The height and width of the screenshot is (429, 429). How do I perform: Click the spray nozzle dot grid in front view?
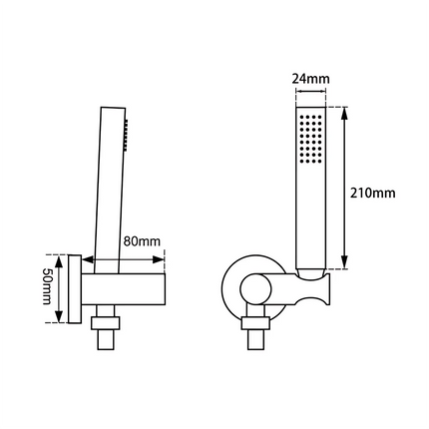point(309,141)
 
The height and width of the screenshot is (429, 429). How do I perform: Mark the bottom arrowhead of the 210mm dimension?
point(345,268)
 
